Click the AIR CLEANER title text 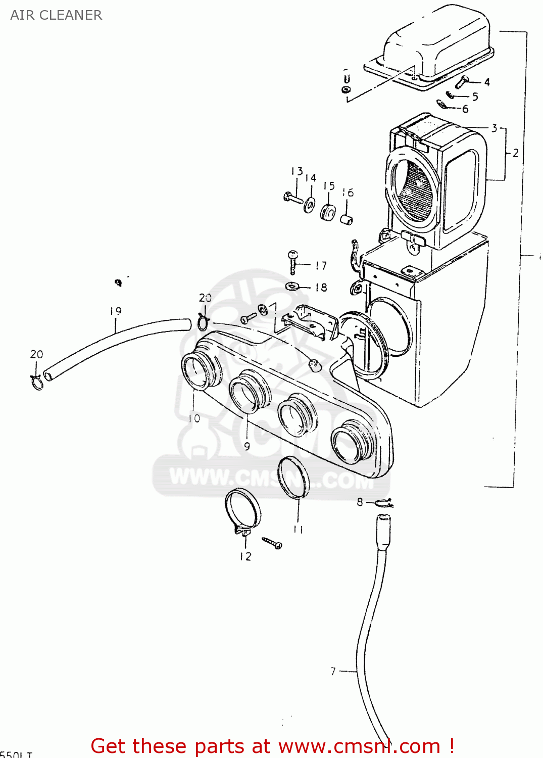click(56, 15)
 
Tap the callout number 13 click(297, 171)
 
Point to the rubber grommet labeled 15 click(328, 212)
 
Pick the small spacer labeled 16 click(346, 219)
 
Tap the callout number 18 click(321, 288)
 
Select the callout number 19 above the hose click(116, 311)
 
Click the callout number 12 click(245, 556)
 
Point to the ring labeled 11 click(293, 477)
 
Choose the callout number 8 click(360, 502)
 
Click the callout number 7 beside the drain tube click(333, 671)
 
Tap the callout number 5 click(475, 97)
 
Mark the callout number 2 click(515, 153)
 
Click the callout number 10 click(194, 418)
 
